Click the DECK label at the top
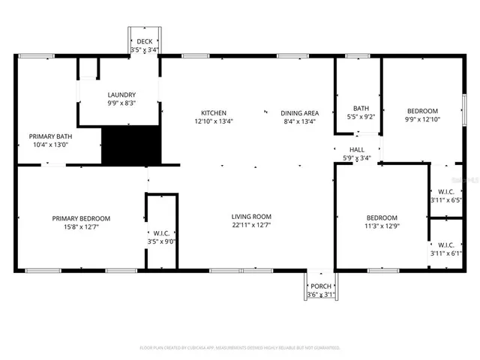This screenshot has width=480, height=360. [x=144, y=42]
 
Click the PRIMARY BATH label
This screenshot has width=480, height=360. [x=50, y=136]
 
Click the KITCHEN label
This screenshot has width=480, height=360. [x=213, y=112]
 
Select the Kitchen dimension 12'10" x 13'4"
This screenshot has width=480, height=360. [x=213, y=121]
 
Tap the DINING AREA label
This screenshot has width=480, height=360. [x=298, y=112]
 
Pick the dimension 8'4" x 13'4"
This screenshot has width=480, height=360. [x=298, y=121]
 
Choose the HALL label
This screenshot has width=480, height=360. [x=347, y=149]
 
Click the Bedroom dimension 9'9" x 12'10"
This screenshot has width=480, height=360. [x=421, y=120]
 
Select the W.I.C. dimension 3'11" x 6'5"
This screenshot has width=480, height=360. [x=446, y=199]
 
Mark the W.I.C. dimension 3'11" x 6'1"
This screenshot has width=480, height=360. [x=446, y=253]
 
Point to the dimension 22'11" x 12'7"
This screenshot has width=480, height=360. [x=250, y=225]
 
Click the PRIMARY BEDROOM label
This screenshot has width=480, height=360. [x=81, y=218]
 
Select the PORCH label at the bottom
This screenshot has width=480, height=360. [x=321, y=286]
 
